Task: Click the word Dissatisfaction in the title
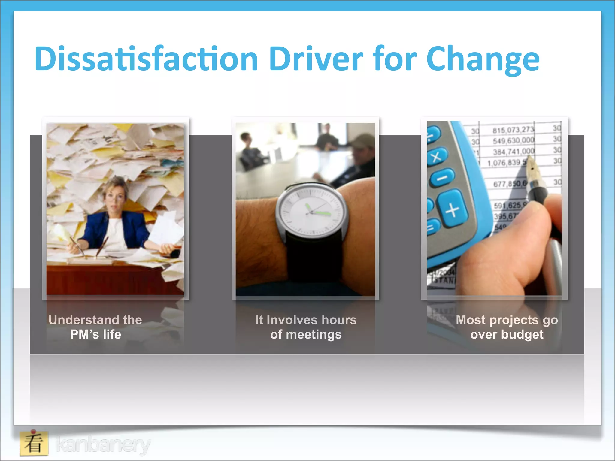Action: [146, 59]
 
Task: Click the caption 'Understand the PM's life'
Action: [95, 327]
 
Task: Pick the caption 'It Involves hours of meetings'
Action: [306, 327]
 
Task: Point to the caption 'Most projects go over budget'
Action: [507, 327]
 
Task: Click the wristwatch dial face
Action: [311, 211]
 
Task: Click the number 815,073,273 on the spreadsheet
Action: [514, 130]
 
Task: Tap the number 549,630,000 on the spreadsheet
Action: [514, 140]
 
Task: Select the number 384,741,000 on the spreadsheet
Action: [514, 152]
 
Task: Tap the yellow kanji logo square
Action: [34, 443]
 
